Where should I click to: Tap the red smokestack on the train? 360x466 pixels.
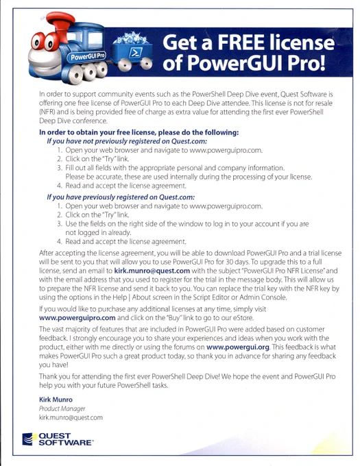[x=60, y=25]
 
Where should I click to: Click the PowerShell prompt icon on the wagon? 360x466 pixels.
[x=136, y=53]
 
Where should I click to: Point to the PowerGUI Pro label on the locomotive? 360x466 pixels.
[x=86, y=56]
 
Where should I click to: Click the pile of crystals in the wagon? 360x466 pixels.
[x=131, y=38]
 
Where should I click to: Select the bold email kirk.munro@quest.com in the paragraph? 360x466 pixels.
[x=152, y=271]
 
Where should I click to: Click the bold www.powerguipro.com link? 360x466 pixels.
[x=77, y=318]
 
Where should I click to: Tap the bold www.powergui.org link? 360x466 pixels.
[x=238, y=347]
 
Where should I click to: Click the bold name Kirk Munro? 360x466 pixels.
[x=56, y=400]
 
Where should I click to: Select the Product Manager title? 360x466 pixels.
[x=62, y=408]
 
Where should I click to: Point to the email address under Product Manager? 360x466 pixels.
[x=71, y=417]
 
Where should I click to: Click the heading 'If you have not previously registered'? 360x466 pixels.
[x=127, y=141]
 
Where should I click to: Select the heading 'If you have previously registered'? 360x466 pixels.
[x=121, y=197]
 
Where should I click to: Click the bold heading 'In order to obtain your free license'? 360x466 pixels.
[x=139, y=132]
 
